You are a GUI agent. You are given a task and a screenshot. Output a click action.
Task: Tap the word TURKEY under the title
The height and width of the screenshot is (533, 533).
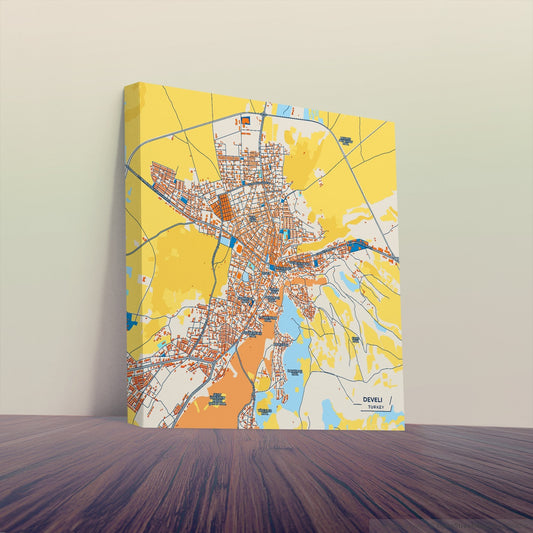[375, 408]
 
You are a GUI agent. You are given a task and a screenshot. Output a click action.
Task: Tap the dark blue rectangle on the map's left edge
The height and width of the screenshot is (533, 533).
[131, 321]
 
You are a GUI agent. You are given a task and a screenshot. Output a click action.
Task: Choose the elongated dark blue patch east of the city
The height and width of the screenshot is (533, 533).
[356, 245]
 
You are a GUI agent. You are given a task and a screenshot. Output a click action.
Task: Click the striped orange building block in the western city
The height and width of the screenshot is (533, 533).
[224, 209]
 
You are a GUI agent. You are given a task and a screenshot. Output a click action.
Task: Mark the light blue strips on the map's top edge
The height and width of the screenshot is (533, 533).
[286, 108]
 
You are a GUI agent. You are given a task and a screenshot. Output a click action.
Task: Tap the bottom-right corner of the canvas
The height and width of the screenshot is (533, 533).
[404, 428]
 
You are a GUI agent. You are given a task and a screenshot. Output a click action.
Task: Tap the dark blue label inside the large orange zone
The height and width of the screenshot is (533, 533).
[216, 400]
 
